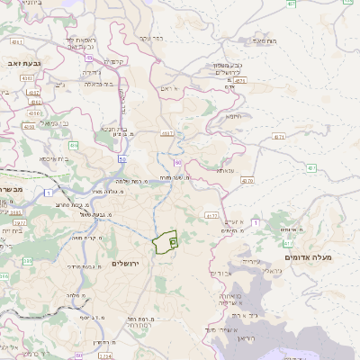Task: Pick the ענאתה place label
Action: (225, 170)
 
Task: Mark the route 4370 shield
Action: (247, 180)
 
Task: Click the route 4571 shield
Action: (279, 136)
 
